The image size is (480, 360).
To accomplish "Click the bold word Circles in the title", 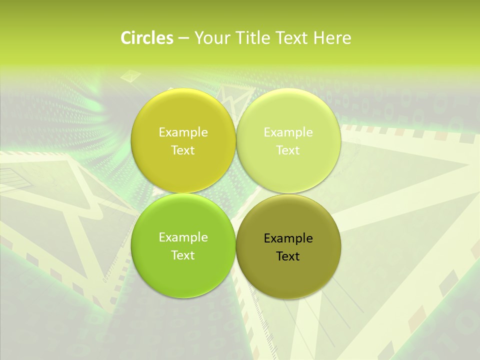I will tap(146, 38).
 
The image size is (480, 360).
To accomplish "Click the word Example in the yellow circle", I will tap(183, 132).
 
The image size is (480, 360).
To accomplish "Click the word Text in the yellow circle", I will tap(183, 150).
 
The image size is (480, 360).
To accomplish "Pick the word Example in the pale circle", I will tap(288, 132).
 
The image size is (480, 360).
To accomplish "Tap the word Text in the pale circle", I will tap(288, 150).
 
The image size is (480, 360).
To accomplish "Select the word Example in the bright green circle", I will tap(183, 237).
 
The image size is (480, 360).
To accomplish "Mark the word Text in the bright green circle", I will tap(183, 255).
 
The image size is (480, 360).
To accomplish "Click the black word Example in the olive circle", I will tap(288, 238).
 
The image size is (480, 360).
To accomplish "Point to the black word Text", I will tap(288, 256).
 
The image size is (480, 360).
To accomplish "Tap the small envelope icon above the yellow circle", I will tap(131, 76).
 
